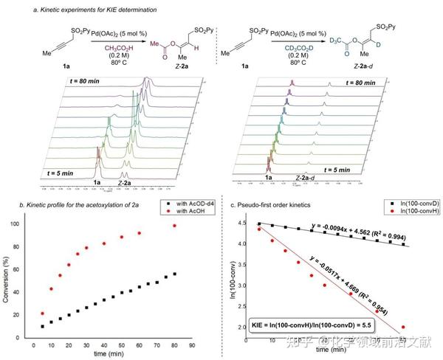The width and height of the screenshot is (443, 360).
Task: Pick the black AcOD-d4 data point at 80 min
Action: pyautogui.click(x=175, y=274)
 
